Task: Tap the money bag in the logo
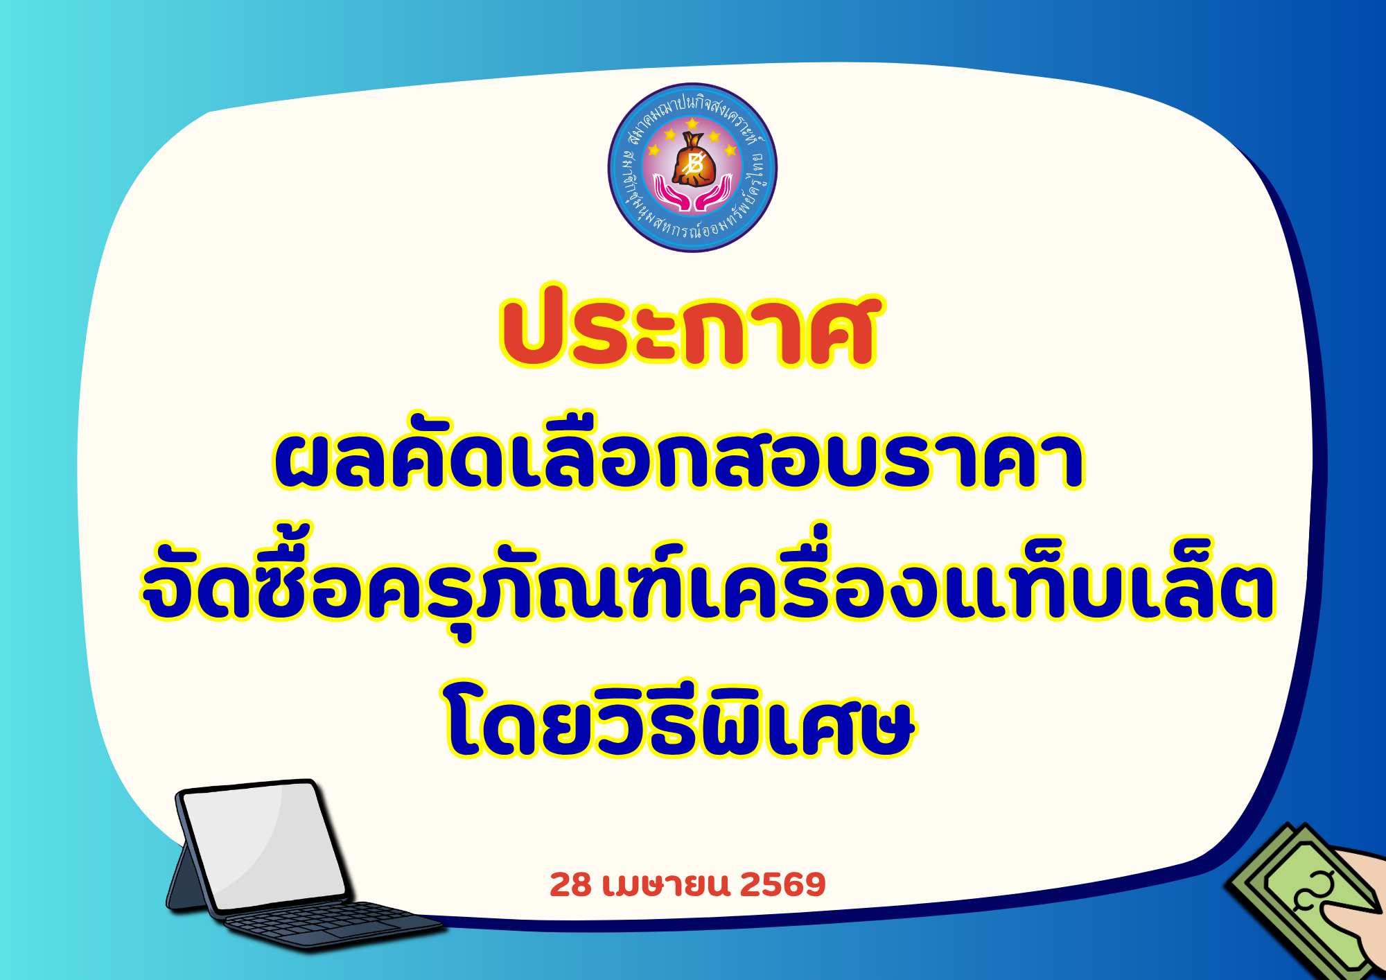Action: tap(692, 160)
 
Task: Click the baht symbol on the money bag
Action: tap(692, 165)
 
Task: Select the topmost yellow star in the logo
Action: tap(692, 123)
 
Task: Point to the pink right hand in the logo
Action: tap(714, 193)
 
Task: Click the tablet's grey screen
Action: tap(263, 846)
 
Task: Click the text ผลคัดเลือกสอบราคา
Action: tap(678, 458)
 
